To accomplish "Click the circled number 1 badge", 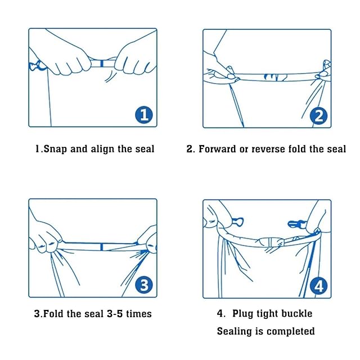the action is coord(144,115).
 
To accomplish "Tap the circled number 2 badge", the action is coord(318,116).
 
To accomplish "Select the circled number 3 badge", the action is coord(144,285).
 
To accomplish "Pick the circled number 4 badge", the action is coord(318,286).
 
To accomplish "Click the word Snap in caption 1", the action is coord(55,149).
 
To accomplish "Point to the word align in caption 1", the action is coord(102,149).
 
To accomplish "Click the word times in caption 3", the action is coord(139,314).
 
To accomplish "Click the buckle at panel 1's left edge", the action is coord(37,66).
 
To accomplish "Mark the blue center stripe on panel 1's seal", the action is coord(102,64).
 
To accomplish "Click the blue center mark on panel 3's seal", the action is coord(102,247).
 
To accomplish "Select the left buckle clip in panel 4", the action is coord(237,222).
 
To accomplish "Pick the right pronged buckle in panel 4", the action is coord(296,224).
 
